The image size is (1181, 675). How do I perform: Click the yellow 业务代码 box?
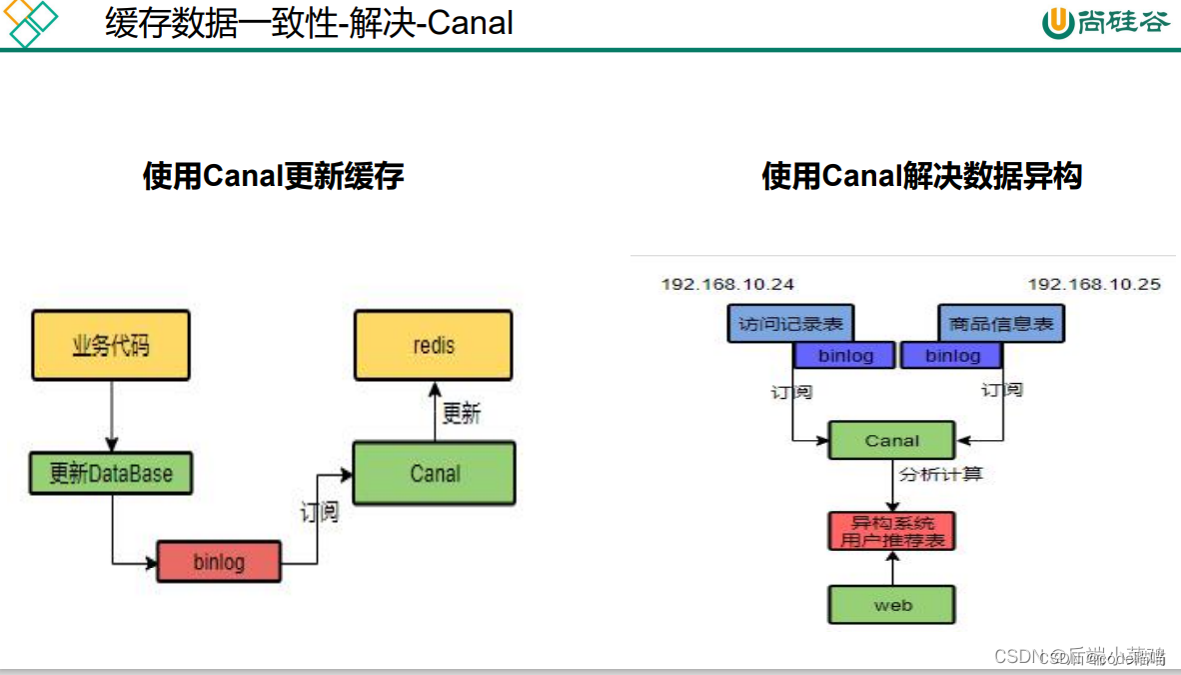(111, 345)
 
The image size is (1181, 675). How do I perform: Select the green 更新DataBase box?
(111, 473)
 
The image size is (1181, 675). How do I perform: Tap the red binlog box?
(219, 561)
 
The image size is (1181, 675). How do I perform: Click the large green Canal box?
(435, 473)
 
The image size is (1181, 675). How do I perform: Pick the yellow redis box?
(433, 345)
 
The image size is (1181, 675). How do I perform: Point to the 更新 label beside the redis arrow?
(462, 413)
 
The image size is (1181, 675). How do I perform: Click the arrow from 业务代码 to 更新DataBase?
(111, 415)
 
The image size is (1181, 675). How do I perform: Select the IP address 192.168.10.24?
(727, 284)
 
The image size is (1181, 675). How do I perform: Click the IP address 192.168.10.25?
(1094, 284)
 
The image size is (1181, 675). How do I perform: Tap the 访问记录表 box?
(790, 324)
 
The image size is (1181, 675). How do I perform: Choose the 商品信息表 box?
(1001, 324)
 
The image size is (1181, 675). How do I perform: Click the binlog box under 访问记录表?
(844, 355)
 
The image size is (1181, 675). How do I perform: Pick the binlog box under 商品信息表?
(952, 355)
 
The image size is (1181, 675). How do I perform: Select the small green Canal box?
(891, 440)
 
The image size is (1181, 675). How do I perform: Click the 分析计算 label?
(940, 473)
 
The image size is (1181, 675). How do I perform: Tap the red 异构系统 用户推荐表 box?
(891, 531)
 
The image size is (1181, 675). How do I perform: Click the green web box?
(891, 605)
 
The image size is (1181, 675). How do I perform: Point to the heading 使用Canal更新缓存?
(273, 177)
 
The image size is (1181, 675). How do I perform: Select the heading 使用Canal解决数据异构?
(921, 177)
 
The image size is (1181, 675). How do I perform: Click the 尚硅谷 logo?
(1104, 22)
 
